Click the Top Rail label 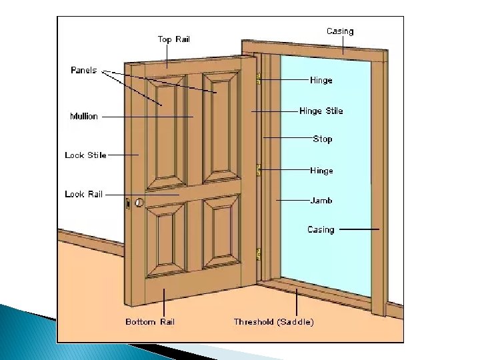point(173,39)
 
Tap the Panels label point(84,70)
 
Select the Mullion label point(84,116)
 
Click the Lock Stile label point(85,155)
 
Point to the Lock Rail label point(84,194)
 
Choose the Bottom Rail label point(150,322)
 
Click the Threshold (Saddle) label point(273,322)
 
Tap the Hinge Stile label point(321,111)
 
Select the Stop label point(323,139)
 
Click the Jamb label point(321,200)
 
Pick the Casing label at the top point(340,31)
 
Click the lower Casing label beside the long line point(321,229)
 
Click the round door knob point(139,202)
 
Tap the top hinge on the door point(259,79)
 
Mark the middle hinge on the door point(259,171)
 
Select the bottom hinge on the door point(259,254)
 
